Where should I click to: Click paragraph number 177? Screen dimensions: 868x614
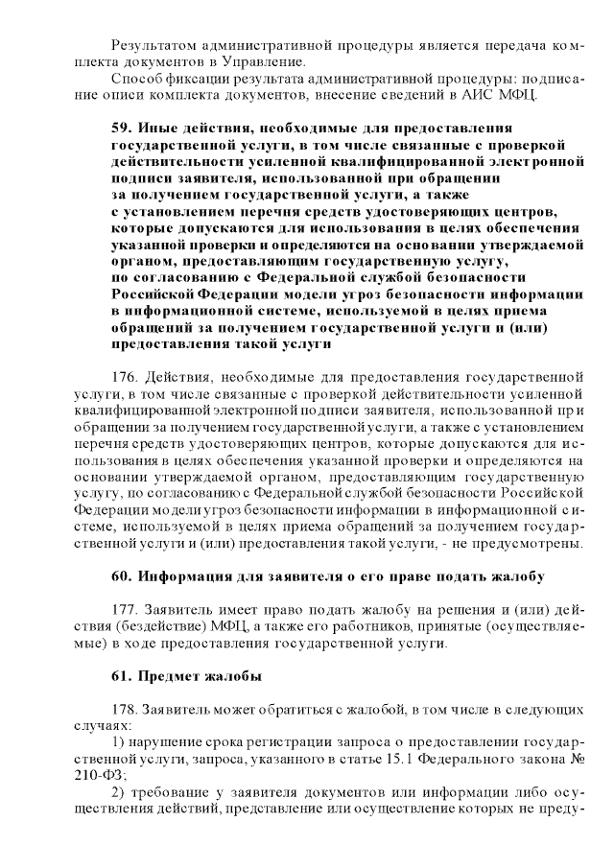coord(127,610)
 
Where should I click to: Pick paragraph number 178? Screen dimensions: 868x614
coord(127,710)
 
